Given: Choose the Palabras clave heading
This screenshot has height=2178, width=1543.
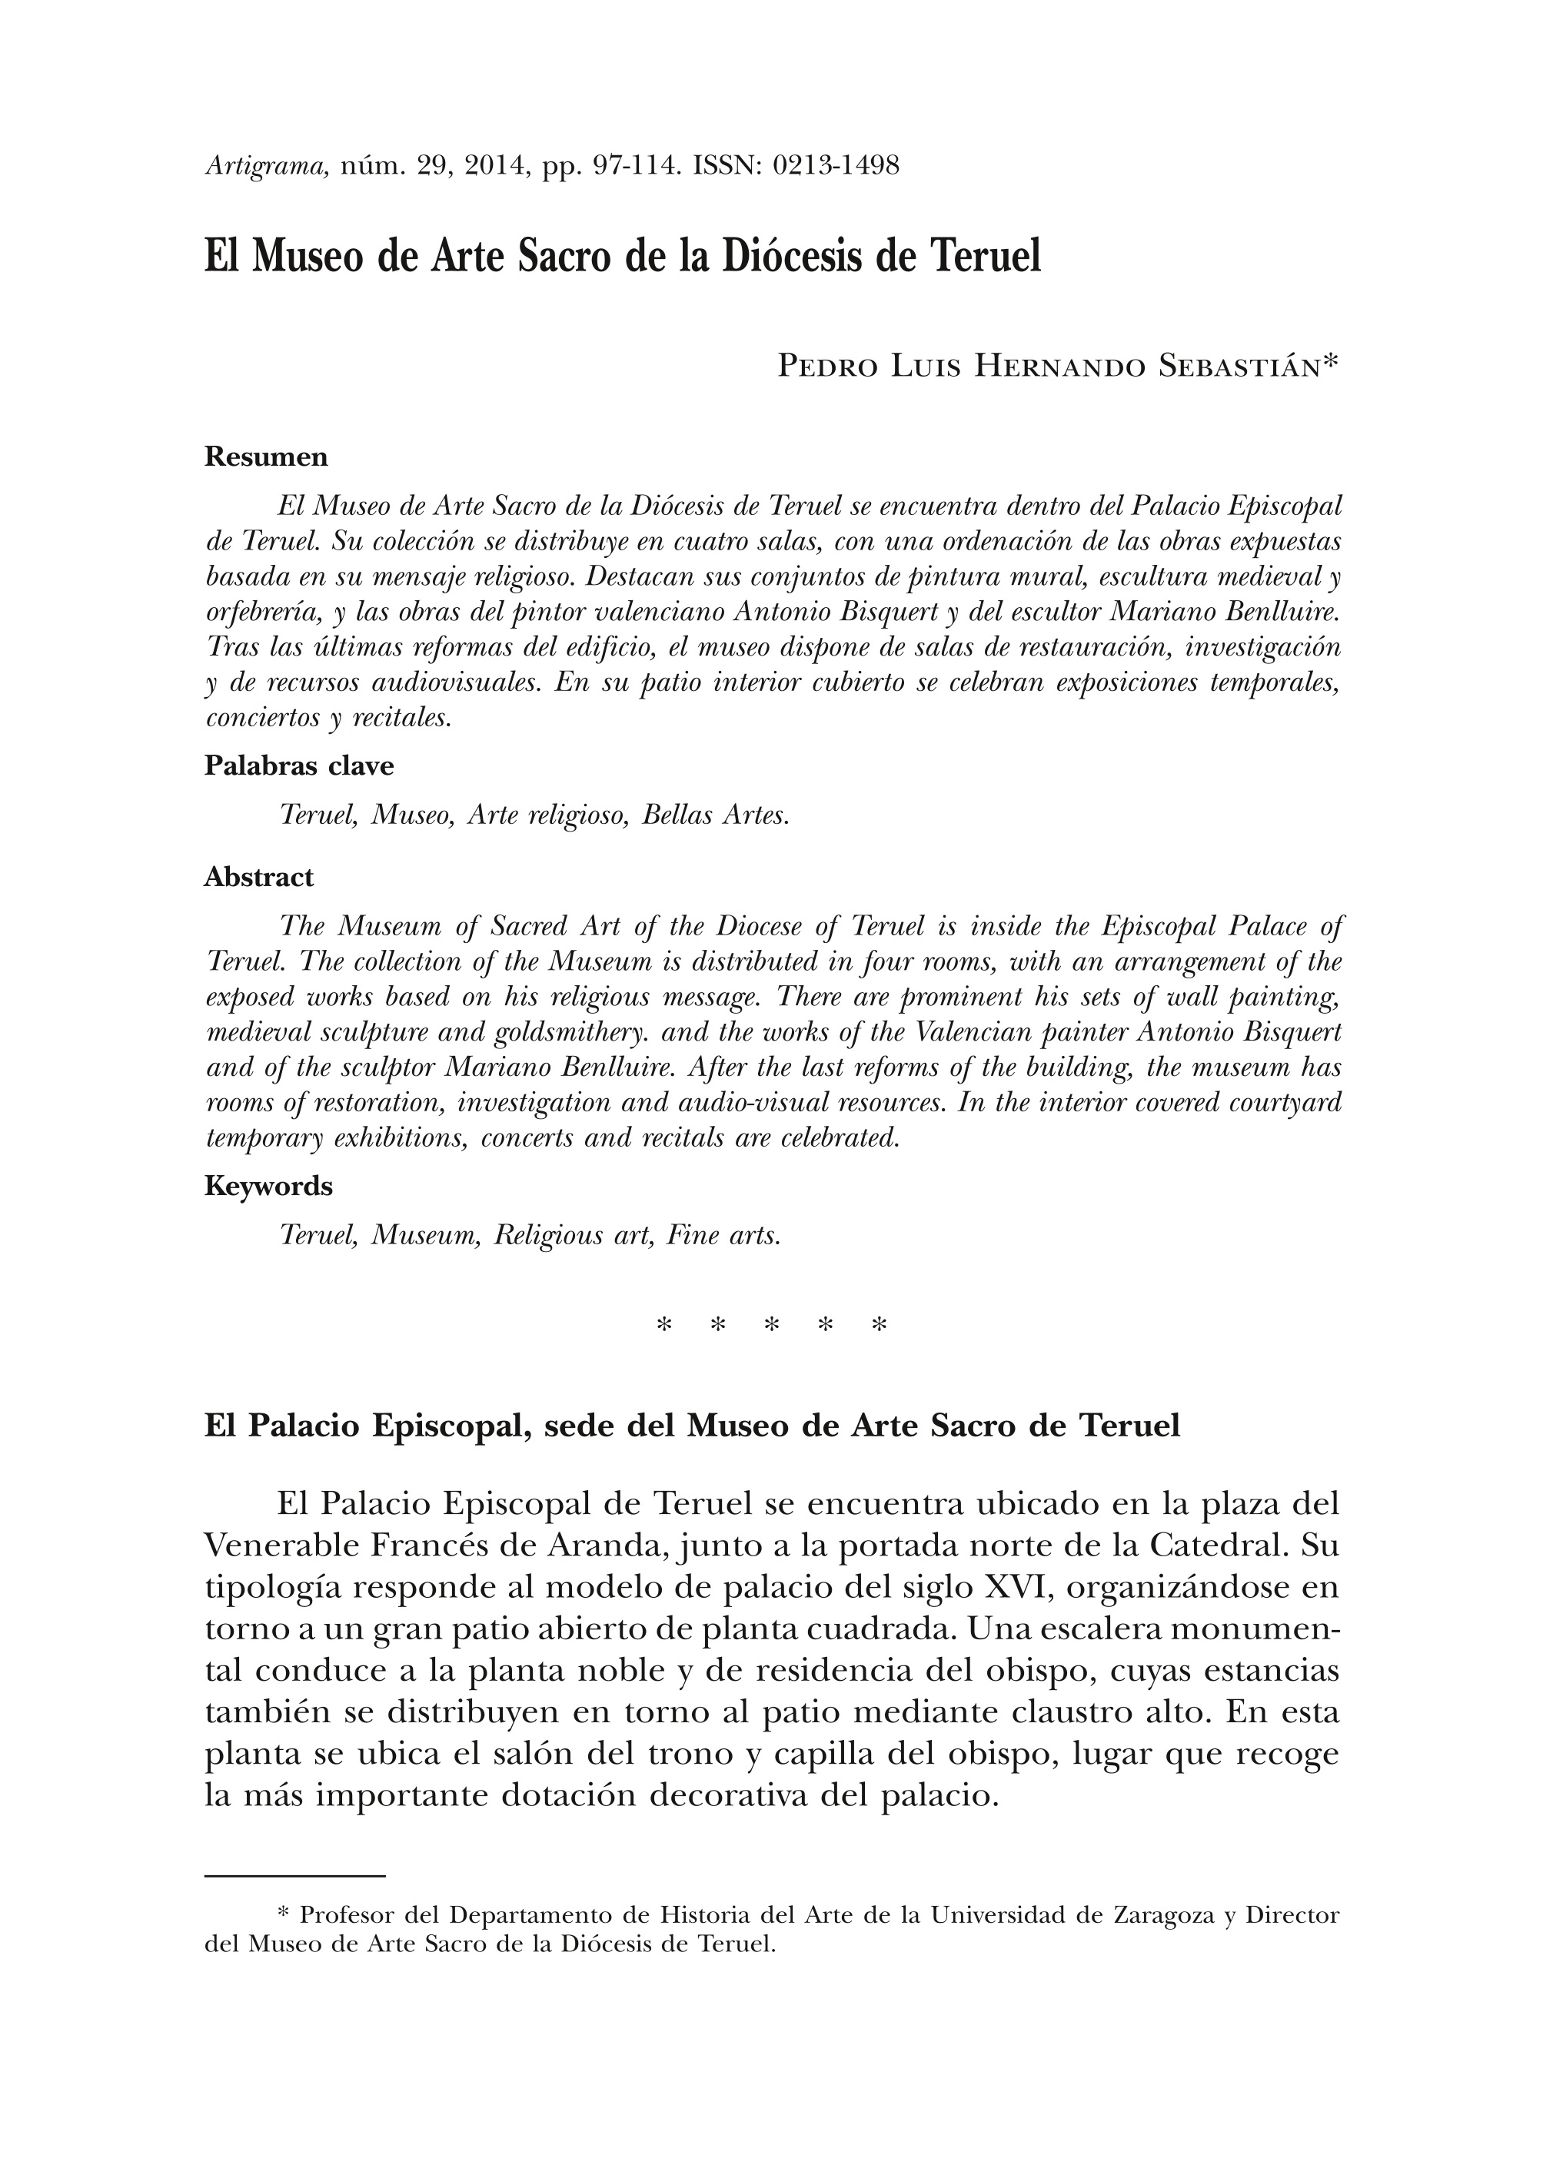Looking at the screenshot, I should click(298, 765).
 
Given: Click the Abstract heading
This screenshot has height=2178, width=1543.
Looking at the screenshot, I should click(258, 877).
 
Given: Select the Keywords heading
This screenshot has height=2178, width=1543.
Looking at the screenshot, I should click(268, 1187).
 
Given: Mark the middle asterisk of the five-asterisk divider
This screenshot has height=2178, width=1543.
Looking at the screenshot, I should click(772, 1325).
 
